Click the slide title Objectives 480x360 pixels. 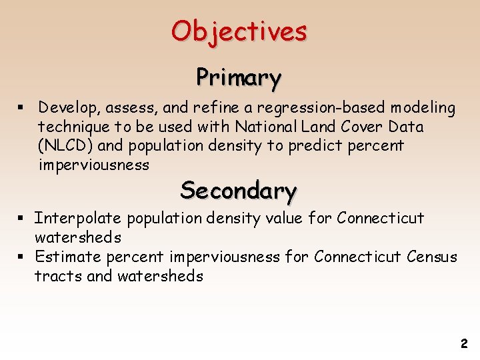(x=239, y=31)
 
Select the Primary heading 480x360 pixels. (x=238, y=77)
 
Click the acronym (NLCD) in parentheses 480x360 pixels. (x=66, y=146)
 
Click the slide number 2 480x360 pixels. (x=464, y=344)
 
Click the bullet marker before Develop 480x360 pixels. (x=23, y=108)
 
